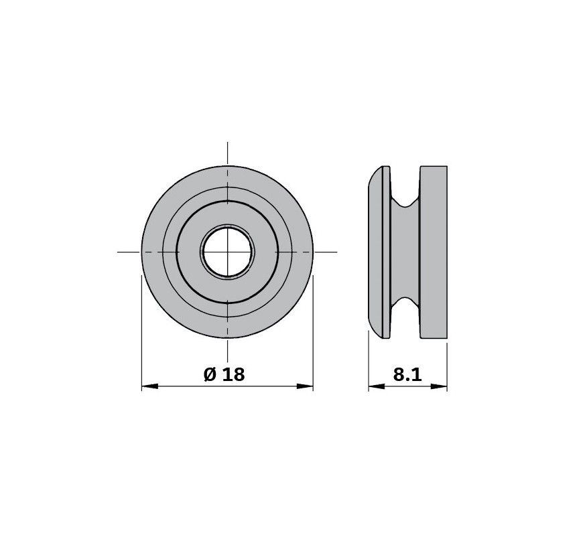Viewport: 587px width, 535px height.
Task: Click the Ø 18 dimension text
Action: click(x=224, y=374)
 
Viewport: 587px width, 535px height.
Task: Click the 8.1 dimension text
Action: click(x=407, y=374)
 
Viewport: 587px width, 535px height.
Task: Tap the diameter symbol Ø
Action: click(x=210, y=374)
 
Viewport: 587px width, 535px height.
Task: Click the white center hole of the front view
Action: click(x=228, y=252)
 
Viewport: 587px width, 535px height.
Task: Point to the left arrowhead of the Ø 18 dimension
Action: click(x=149, y=386)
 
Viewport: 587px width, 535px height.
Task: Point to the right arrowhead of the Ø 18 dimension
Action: click(x=305, y=386)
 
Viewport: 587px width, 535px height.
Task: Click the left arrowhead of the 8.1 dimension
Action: click(x=377, y=386)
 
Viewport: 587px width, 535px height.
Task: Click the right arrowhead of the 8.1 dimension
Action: click(x=439, y=386)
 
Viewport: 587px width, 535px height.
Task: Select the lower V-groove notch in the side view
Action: click(x=405, y=303)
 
